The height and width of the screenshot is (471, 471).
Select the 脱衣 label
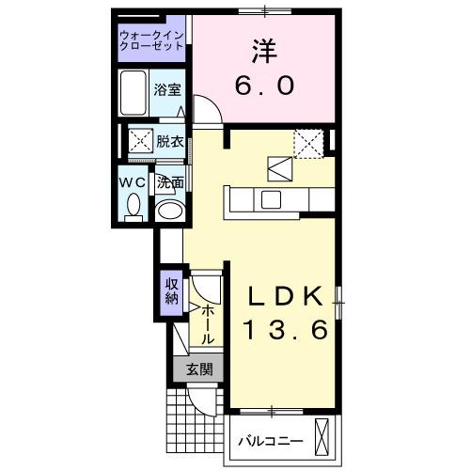170,142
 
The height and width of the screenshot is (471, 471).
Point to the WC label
132,181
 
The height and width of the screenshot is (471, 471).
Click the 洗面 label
170,181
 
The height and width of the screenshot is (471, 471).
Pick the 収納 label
172,291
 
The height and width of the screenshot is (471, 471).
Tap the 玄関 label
197,369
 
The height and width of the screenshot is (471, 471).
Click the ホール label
208,322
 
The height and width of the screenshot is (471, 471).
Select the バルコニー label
269,439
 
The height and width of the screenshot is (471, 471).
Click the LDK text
286,296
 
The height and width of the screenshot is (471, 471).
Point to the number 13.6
286,330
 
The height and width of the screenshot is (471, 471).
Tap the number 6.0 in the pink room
264,85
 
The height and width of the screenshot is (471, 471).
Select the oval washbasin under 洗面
169,211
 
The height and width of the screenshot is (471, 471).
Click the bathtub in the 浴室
134,92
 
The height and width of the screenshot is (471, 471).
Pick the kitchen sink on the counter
271,198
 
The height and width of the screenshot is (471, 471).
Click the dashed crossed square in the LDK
307,142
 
